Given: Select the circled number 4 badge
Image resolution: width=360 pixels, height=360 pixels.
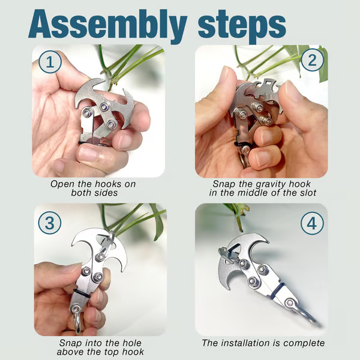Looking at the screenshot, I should click(x=310, y=224).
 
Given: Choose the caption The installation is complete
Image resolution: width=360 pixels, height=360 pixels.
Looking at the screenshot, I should click(x=262, y=343).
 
